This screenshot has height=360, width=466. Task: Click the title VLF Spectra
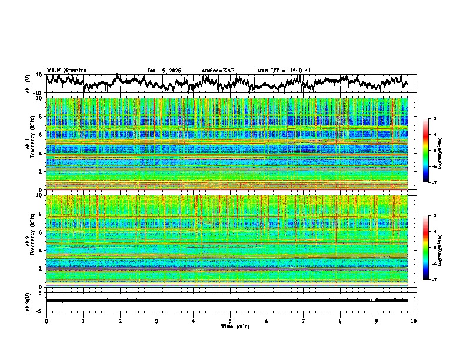point(66,70)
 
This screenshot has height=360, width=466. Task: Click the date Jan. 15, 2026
point(164,71)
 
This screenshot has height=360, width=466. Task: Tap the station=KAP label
point(218,71)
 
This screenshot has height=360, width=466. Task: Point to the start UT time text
point(284,71)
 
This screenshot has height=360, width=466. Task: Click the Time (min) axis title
point(230,326)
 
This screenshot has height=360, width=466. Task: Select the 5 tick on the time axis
point(230,321)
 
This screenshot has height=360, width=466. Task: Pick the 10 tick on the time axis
point(414,321)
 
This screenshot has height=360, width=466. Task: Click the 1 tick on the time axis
point(83,321)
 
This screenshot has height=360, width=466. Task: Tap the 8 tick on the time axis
point(340,321)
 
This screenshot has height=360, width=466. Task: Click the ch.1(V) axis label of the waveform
point(28,84)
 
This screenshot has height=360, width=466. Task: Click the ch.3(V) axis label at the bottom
point(28,301)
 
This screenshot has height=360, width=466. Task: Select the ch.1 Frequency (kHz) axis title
point(32,144)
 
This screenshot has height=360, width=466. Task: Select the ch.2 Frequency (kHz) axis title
point(32,241)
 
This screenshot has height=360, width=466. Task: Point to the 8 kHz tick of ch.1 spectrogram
point(42,116)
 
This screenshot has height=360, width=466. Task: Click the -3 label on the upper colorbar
point(434,119)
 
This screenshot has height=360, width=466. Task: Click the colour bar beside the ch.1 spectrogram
point(426,151)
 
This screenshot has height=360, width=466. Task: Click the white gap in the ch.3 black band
point(372,300)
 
